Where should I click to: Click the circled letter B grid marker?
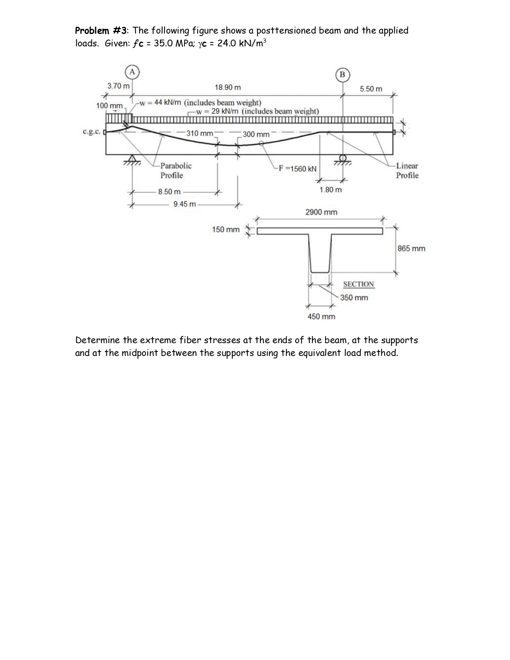342,75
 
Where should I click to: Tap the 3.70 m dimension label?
118,86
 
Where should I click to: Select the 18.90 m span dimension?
228,87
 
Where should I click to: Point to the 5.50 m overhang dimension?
371,89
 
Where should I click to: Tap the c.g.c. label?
91,132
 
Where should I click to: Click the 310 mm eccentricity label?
200,133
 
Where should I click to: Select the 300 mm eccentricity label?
256,134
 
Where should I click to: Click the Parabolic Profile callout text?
176,170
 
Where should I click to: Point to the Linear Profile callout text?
407,170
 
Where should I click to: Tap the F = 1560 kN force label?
298,169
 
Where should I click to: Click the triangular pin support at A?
132,159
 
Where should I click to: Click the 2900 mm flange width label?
321,212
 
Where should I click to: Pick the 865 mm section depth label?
411,248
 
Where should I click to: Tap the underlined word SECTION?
358,284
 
